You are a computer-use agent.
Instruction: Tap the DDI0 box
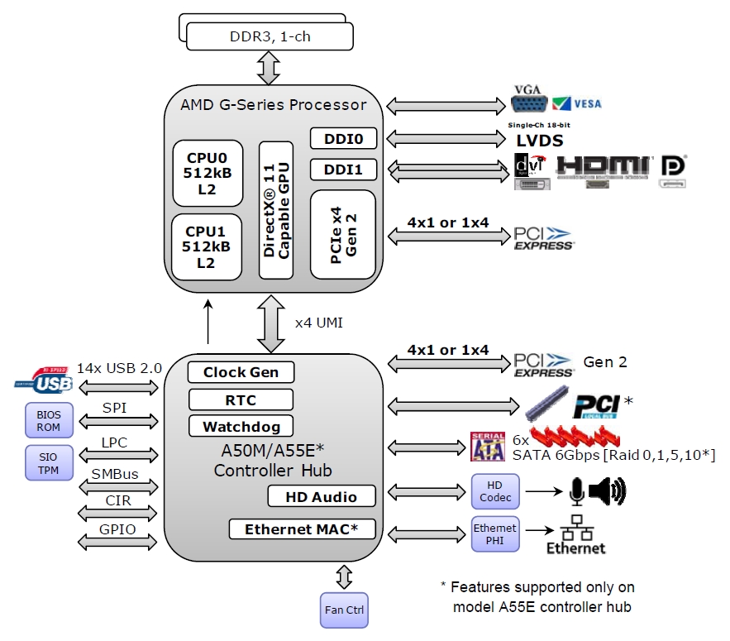(x=343, y=138)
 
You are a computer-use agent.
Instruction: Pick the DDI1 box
(x=343, y=170)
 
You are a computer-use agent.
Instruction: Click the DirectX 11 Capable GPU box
(x=277, y=211)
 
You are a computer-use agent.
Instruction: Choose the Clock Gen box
(x=241, y=372)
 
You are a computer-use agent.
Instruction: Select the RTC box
(x=241, y=400)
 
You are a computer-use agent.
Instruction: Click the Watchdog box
(x=241, y=427)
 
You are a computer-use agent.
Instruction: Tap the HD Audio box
(x=322, y=496)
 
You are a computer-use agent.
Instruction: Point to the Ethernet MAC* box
(x=301, y=529)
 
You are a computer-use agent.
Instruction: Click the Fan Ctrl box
(x=344, y=611)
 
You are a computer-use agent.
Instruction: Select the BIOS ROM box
(x=49, y=419)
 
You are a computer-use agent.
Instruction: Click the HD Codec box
(x=495, y=492)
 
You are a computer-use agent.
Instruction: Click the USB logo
(x=44, y=382)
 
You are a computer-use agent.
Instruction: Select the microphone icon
(x=576, y=492)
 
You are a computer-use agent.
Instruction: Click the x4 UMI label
(x=318, y=323)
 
